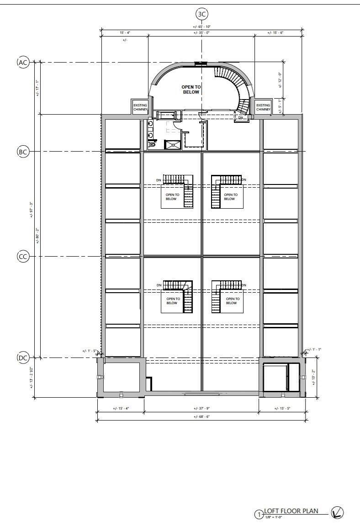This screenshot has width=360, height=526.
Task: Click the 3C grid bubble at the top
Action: [201, 14]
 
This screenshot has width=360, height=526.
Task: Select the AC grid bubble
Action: [23, 62]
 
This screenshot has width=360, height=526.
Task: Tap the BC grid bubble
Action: [23, 151]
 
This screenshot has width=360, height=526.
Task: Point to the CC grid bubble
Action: [23, 257]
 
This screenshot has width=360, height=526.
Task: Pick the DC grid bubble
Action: [23, 358]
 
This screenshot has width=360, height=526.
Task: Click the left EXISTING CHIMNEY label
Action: [140, 107]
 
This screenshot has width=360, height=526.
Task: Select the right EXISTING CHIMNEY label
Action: [263, 107]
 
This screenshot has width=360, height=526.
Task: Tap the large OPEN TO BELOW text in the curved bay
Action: [191, 89]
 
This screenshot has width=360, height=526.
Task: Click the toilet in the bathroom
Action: [152, 145]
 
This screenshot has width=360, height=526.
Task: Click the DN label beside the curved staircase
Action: [241, 118]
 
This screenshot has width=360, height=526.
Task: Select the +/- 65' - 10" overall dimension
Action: [201, 27]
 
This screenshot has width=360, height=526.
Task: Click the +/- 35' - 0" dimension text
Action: [201, 33]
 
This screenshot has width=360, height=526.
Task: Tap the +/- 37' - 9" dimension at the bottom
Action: [201, 409]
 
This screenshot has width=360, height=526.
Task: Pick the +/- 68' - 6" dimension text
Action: [201, 416]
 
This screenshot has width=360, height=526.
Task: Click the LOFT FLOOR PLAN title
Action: [291, 511]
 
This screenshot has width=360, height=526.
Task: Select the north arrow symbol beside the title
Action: [337, 513]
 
